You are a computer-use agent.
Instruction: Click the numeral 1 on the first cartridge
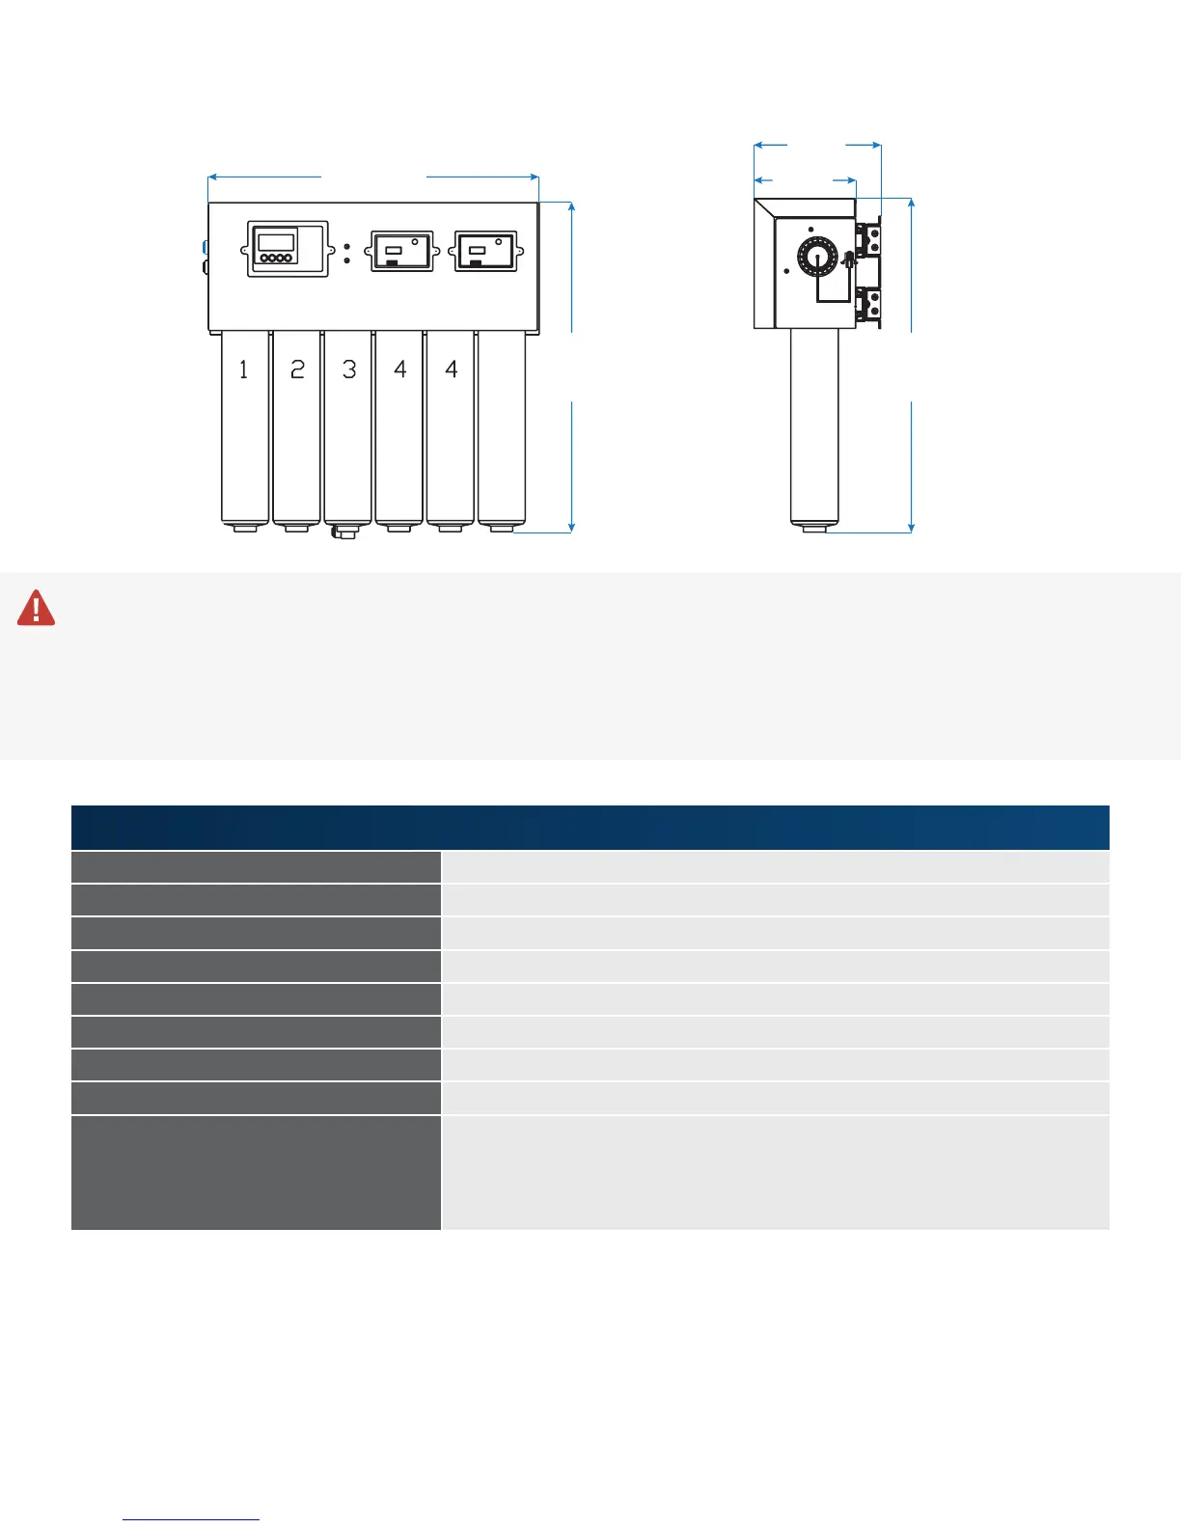pyautogui.click(x=243, y=369)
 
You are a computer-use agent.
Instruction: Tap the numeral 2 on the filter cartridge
pyautogui.click(x=297, y=369)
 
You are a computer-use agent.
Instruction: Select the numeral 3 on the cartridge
pyautogui.click(x=349, y=369)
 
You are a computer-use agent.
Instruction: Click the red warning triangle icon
pyautogui.click(x=37, y=609)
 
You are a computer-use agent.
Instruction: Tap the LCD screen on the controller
pyautogui.click(x=276, y=242)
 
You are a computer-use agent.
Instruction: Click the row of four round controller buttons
pyautogui.click(x=276, y=259)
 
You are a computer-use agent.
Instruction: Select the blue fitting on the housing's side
pyautogui.click(x=205, y=247)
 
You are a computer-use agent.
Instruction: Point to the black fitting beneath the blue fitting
pyautogui.click(x=205, y=265)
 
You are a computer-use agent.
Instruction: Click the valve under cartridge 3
pyautogui.click(x=343, y=532)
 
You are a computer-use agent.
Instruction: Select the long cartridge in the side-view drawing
pyautogui.click(x=814, y=424)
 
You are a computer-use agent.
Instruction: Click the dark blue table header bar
pyautogui.click(x=590, y=828)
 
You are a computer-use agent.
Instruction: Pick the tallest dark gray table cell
pyautogui.click(x=256, y=1172)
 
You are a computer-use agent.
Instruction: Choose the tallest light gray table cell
pyautogui.click(x=775, y=1172)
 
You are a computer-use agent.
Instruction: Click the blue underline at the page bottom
pyautogui.click(x=191, y=1520)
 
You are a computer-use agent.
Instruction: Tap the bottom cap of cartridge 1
pyautogui.click(x=244, y=528)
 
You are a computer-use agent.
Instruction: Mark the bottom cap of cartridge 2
pyautogui.click(x=296, y=528)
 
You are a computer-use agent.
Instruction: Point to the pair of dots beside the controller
pyautogui.click(x=346, y=254)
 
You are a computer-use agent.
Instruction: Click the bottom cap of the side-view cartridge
pyautogui.click(x=814, y=528)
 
